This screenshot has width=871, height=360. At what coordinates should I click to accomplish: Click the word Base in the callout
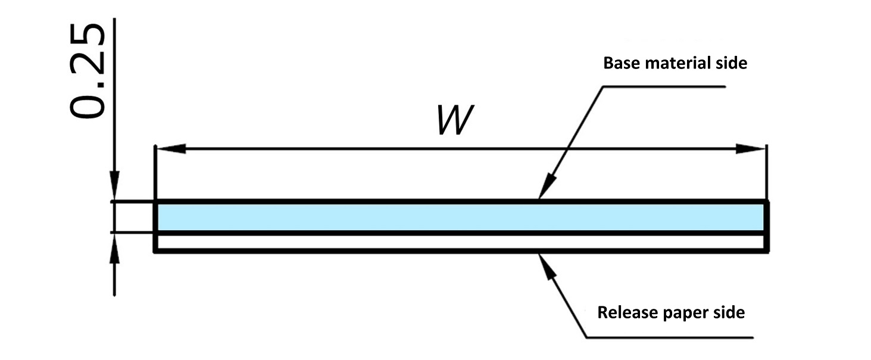619,63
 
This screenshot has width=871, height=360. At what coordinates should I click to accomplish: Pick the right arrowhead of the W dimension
751,149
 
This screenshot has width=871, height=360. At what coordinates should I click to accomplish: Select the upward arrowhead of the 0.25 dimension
115,245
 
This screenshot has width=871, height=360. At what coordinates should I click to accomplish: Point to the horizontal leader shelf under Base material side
664,87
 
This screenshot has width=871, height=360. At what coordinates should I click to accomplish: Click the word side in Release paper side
728,312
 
